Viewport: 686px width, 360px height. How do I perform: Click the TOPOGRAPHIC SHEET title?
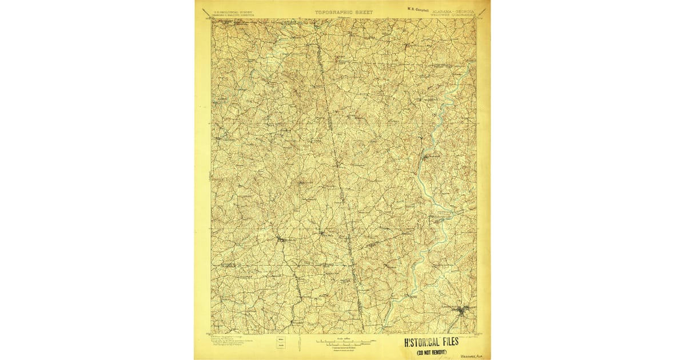click(x=343, y=11)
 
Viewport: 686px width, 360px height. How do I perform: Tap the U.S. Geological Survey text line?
click(x=233, y=11)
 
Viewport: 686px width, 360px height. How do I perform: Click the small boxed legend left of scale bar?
click(x=281, y=342)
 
